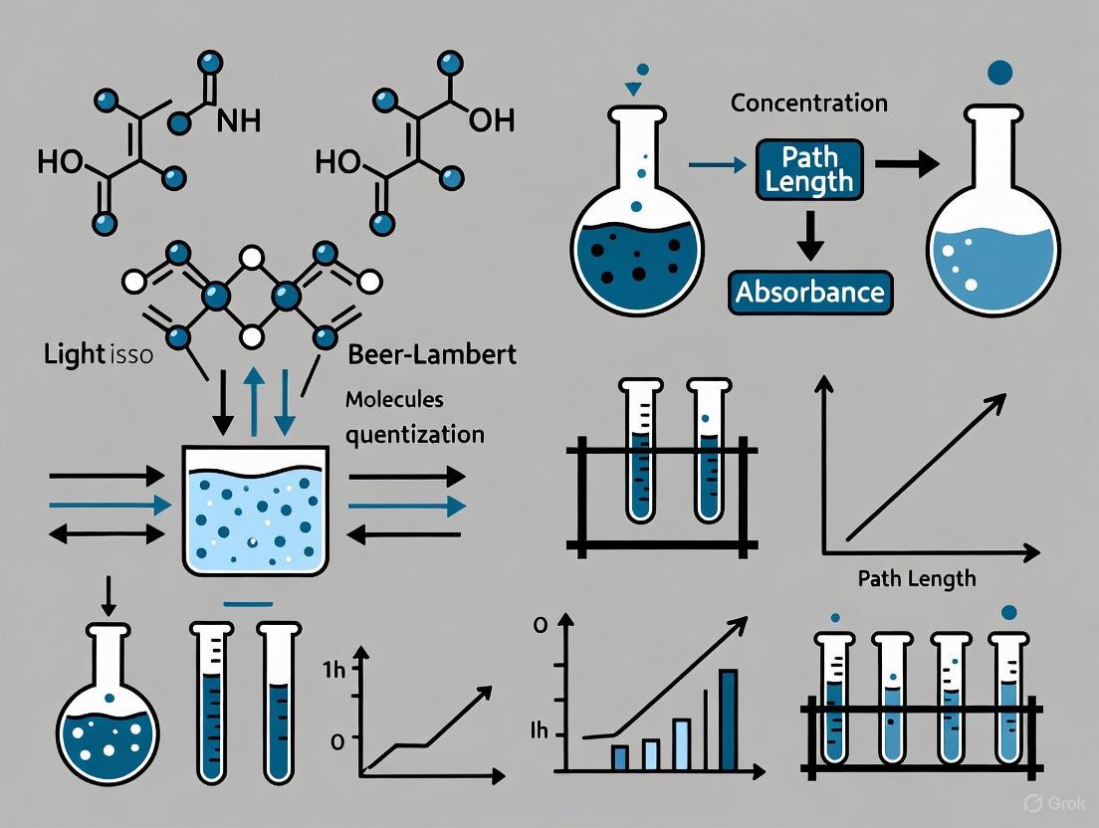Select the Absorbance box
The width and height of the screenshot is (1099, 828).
(x=809, y=292)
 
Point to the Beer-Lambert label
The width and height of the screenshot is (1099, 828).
(x=433, y=354)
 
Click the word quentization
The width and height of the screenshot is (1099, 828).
(x=415, y=435)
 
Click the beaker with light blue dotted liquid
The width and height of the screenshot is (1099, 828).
(x=257, y=510)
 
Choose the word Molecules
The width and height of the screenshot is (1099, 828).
(x=394, y=399)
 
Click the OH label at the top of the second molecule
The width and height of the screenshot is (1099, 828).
(x=490, y=121)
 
